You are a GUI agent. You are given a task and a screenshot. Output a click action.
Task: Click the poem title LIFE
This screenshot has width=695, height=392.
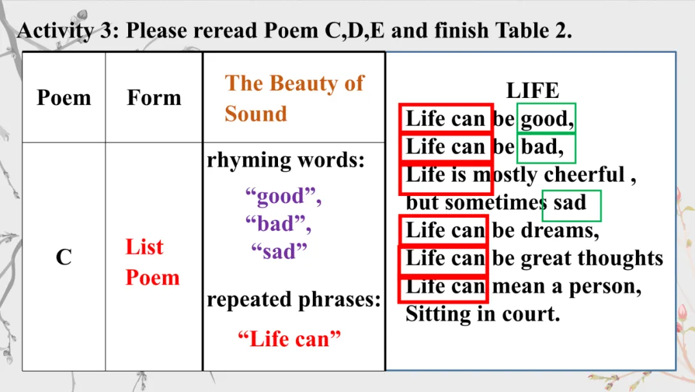pyautogui.click(x=532, y=90)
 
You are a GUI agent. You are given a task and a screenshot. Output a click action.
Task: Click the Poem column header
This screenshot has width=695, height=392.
pyautogui.click(x=64, y=97)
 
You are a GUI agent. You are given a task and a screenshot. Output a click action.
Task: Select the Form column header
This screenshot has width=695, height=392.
pyautogui.click(x=154, y=97)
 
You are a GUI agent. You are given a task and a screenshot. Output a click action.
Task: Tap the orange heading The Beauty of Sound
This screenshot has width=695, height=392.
pyautogui.click(x=294, y=98)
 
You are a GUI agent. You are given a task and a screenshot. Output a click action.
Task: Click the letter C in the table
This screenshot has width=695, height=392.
pyautogui.click(x=64, y=257)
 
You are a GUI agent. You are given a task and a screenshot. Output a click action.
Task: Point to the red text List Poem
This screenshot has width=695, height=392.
pyautogui.click(x=153, y=262)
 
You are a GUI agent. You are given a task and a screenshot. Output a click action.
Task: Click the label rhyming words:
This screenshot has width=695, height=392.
pyautogui.click(x=286, y=161)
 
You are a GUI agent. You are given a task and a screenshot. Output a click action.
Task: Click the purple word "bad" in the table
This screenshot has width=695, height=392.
pyautogui.click(x=279, y=224)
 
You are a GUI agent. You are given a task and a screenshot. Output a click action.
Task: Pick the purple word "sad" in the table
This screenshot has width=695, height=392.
pyautogui.click(x=279, y=251)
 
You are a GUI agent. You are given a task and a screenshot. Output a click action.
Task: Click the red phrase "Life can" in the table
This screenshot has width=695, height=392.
pyautogui.click(x=290, y=338)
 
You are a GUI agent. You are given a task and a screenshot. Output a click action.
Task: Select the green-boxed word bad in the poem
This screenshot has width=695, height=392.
pyautogui.click(x=542, y=146)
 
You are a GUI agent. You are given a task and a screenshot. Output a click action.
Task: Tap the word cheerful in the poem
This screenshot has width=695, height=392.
pyautogui.click(x=584, y=175)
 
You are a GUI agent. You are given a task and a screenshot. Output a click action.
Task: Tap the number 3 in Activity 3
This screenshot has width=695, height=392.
pyautogui.click(x=106, y=31)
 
